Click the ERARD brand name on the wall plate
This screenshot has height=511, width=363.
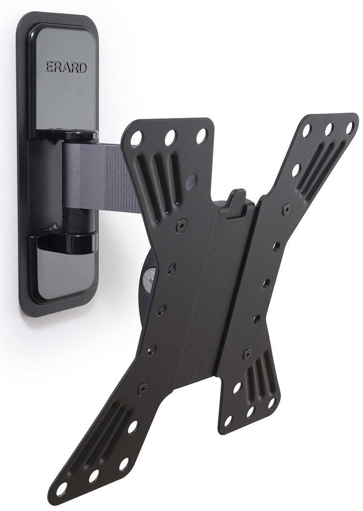coord(66,67)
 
